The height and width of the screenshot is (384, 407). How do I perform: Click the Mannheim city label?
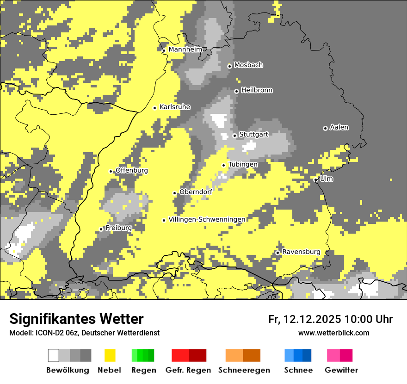[185, 50]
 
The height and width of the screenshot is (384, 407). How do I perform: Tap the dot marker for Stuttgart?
[235, 136]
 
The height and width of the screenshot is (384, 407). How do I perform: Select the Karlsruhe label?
[175, 107]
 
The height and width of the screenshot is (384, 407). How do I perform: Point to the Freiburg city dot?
[101, 229]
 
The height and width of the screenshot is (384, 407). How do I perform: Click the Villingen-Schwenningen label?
[207, 219]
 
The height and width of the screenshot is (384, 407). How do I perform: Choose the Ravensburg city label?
[301, 252]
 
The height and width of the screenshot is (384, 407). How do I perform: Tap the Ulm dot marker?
[315, 180]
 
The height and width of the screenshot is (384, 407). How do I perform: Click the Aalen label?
[339, 127]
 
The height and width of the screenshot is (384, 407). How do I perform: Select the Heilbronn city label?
[257, 90]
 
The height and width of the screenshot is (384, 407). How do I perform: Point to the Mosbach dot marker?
[229, 66]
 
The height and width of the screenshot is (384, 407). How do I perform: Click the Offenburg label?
[132, 170]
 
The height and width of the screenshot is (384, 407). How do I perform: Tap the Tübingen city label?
[243, 164]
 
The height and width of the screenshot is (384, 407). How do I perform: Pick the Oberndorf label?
[196, 192]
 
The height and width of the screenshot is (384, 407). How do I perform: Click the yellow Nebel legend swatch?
[110, 355]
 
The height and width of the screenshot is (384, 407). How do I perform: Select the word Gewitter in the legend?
[341, 370]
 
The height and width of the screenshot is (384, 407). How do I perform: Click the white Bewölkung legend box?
[54, 355]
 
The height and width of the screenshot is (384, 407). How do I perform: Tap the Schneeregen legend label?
[244, 370]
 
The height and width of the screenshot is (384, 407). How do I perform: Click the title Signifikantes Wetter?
[76, 319]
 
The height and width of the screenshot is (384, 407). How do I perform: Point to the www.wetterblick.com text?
[334, 333]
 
